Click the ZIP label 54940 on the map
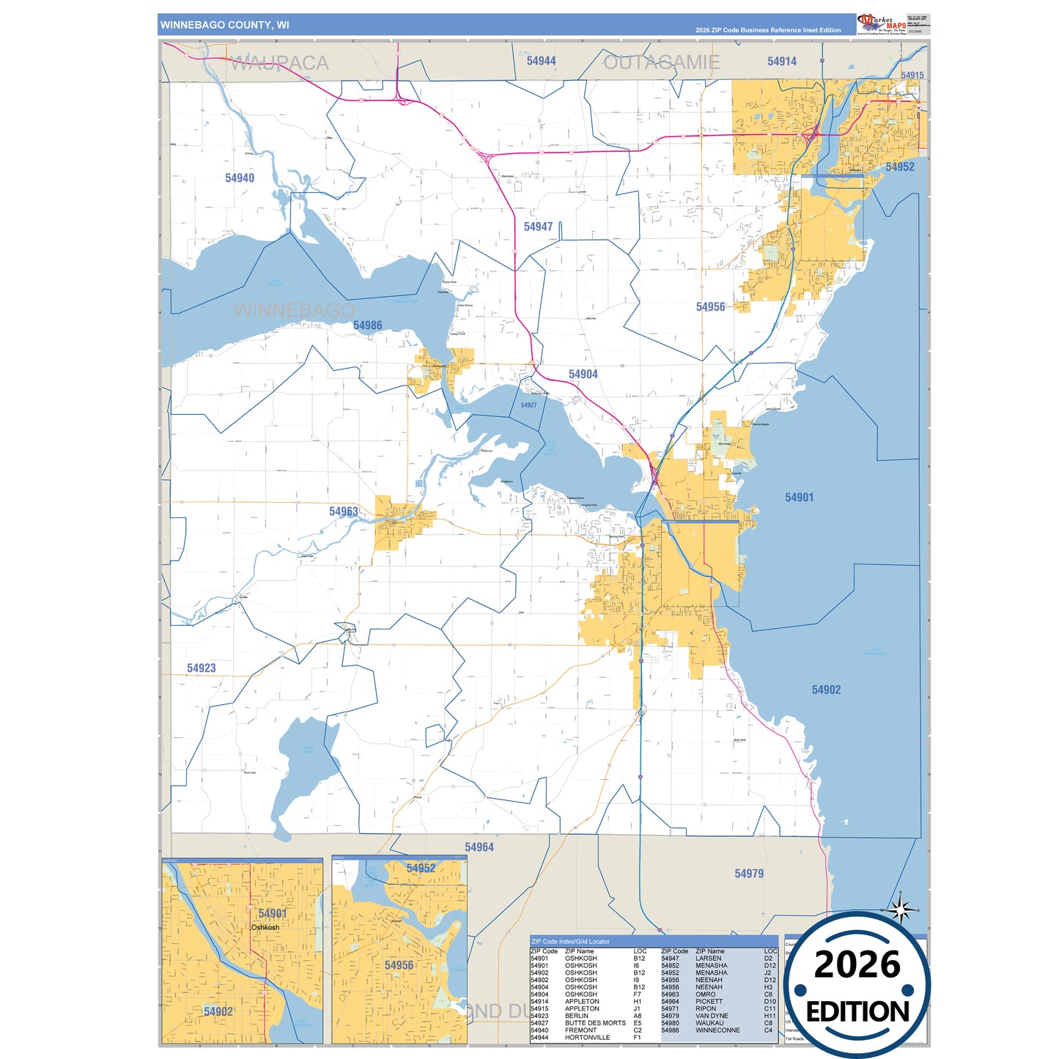pos(240,178)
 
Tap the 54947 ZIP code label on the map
pos(538,227)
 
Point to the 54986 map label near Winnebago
pos(367,325)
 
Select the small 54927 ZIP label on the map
pos(528,405)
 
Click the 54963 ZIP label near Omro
pos(344,512)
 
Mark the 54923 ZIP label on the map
pos(201,668)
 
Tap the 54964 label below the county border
pos(479,847)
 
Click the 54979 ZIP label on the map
pos(749,874)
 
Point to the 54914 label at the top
pos(782,62)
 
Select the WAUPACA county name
pos(279,64)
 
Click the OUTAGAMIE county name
pos(661,63)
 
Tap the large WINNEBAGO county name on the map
pos(294,311)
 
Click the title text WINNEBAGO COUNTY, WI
pos(225,25)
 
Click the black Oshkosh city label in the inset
pos(265,928)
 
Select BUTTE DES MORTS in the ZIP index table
pos(595,1023)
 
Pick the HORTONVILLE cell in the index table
pos(587,1038)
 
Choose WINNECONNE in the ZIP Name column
pos(717,1030)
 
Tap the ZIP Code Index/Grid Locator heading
pos(570,942)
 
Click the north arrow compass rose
pos(901,910)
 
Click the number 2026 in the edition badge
pos(857,965)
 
